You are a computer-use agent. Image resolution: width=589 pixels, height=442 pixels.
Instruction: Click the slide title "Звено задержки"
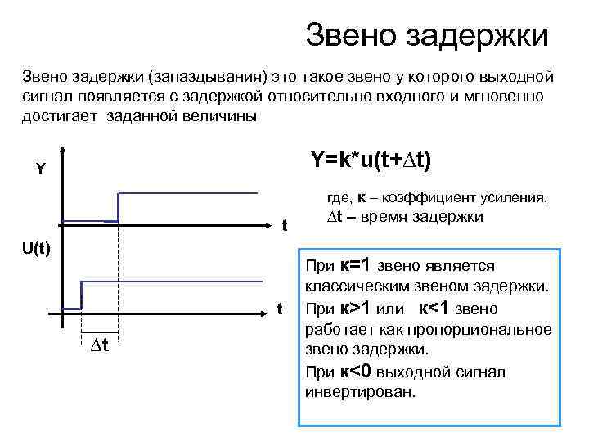click(x=426, y=35)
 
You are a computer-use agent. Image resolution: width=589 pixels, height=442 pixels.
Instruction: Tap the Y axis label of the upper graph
click(x=40, y=170)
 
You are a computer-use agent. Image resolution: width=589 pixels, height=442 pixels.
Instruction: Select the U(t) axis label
click(x=36, y=247)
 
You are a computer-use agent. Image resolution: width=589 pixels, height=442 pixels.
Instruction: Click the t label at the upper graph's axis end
click(x=284, y=226)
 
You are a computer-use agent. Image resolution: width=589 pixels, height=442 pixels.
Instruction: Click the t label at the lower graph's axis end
click(x=279, y=309)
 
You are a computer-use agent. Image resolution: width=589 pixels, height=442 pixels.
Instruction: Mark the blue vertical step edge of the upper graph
click(x=119, y=207)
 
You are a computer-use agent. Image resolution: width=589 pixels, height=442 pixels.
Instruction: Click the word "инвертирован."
click(x=361, y=392)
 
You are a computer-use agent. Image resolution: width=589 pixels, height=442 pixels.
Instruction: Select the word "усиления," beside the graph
click(x=512, y=197)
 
